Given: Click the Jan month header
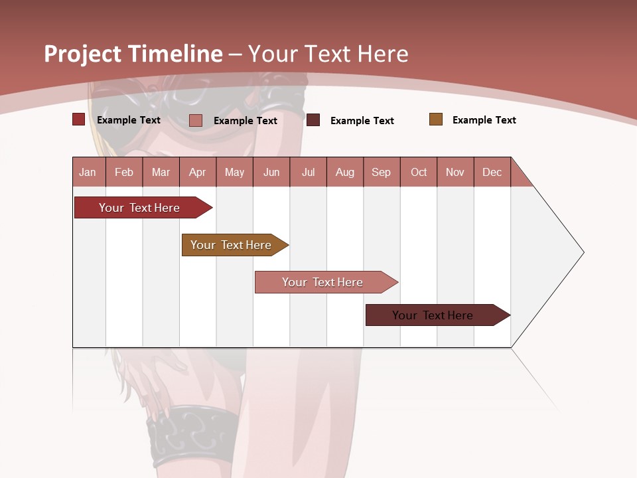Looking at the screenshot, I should point(88,172).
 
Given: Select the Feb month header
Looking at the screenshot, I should point(124,172).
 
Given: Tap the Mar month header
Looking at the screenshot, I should point(161,172).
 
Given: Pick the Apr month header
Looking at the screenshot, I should point(198,172).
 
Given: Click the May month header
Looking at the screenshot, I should point(234,172).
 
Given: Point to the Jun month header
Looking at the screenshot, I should point(271,172).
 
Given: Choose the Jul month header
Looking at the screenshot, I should point(308,172).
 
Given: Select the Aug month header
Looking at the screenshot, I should point(345,172).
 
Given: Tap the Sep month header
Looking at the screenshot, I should point(382,172).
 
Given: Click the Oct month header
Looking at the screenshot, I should point(419,172).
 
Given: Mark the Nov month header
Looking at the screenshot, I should point(455,172).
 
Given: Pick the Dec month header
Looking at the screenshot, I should point(492,172).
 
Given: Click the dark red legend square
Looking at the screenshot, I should point(79,119).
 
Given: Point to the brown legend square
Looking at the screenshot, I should point(436,119).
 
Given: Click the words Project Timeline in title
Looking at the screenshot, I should point(133,54).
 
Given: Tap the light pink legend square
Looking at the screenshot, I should point(196,120).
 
